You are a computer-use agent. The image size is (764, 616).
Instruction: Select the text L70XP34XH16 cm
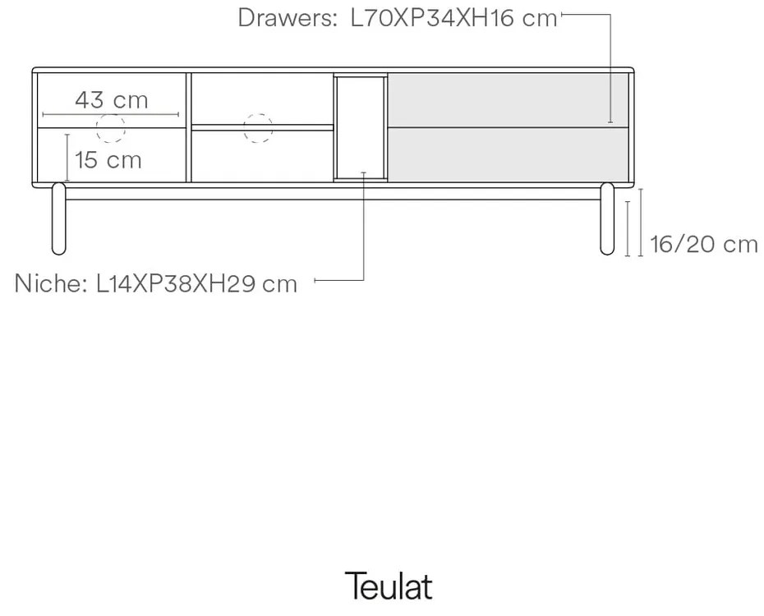click(x=453, y=18)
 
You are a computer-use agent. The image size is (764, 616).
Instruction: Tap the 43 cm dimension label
click(x=112, y=100)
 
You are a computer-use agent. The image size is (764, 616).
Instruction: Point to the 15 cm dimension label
click(x=108, y=159)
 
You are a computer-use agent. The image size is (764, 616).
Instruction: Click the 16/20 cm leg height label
click(x=703, y=244)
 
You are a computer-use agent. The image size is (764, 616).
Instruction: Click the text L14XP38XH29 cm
click(x=196, y=284)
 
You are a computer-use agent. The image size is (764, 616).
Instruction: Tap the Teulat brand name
click(x=388, y=586)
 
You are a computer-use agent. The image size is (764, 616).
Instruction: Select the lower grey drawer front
click(x=508, y=154)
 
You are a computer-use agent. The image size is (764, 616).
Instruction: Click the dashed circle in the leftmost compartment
click(x=111, y=127)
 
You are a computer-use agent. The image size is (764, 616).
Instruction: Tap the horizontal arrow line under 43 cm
click(x=112, y=113)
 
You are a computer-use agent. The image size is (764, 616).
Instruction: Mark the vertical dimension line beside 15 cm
click(x=67, y=156)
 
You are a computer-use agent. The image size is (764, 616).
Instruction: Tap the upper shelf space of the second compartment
click(x=261, y=99)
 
